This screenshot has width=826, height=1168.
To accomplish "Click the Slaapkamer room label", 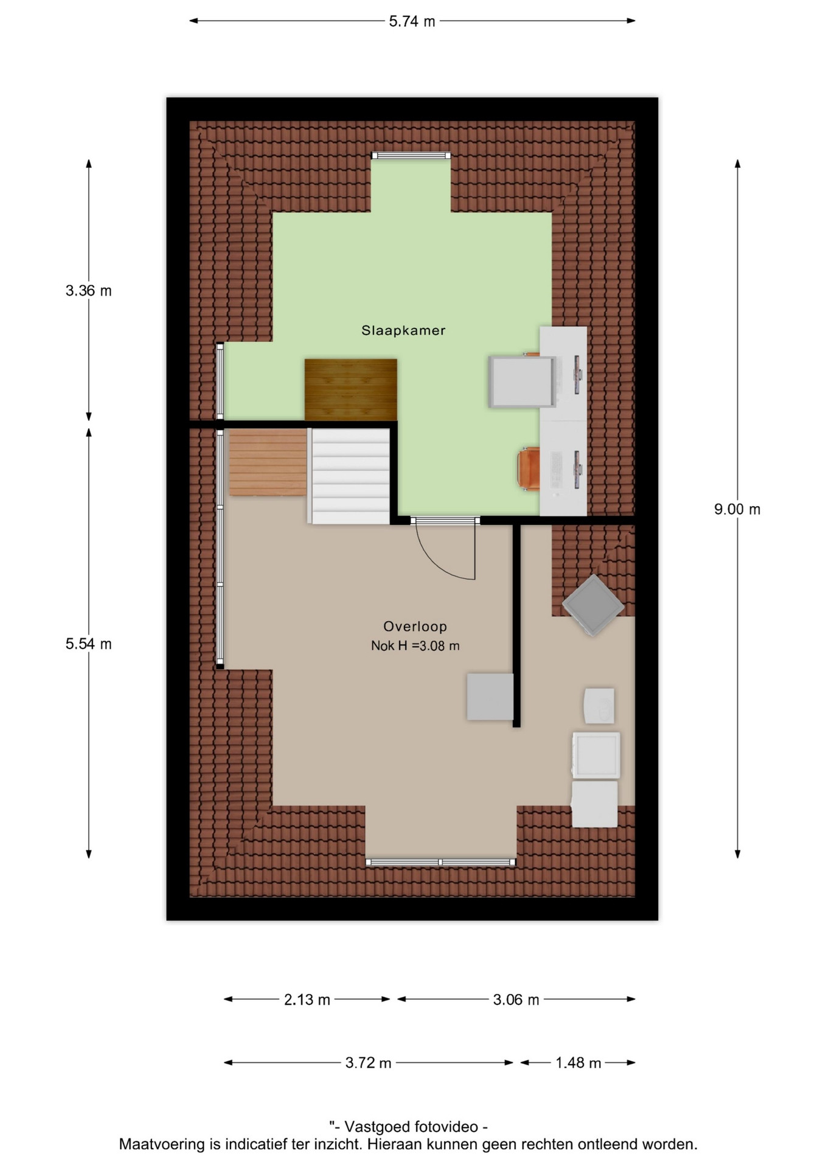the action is [x=403, y=330].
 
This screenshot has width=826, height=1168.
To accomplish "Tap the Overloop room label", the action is [x=415, y=627].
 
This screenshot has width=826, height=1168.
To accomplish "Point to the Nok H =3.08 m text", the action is [x=415, y=646].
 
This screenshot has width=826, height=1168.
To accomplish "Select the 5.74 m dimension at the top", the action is [x=412, y=21].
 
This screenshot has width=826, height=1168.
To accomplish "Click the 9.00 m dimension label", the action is [x=737, y=509].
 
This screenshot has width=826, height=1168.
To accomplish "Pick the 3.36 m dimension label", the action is [x=89, y=291].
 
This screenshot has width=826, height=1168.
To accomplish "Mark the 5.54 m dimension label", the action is [x=89, y=644].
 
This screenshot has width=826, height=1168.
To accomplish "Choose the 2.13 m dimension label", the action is [x=307, y=999].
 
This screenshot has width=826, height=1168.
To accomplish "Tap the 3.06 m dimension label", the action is [x=516, y=999].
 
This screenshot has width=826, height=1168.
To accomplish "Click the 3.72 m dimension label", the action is [x=368, y=1063].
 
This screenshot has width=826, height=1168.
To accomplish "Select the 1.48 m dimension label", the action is [x=578, y=1063].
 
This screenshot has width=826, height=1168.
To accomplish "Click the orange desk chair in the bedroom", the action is [x=529, y=468].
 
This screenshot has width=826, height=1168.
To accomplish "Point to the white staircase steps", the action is [x=350, y=476].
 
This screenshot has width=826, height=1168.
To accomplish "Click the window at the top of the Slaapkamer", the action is [x=411, y=156].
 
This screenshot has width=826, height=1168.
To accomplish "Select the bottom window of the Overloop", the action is [x=440, y=862].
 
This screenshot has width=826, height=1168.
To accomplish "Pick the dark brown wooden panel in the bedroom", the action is [x=351, y=389].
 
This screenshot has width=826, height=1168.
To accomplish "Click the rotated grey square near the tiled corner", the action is [x=593, y=605].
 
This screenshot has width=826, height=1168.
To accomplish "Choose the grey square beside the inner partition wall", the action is [x=490, y=697].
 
